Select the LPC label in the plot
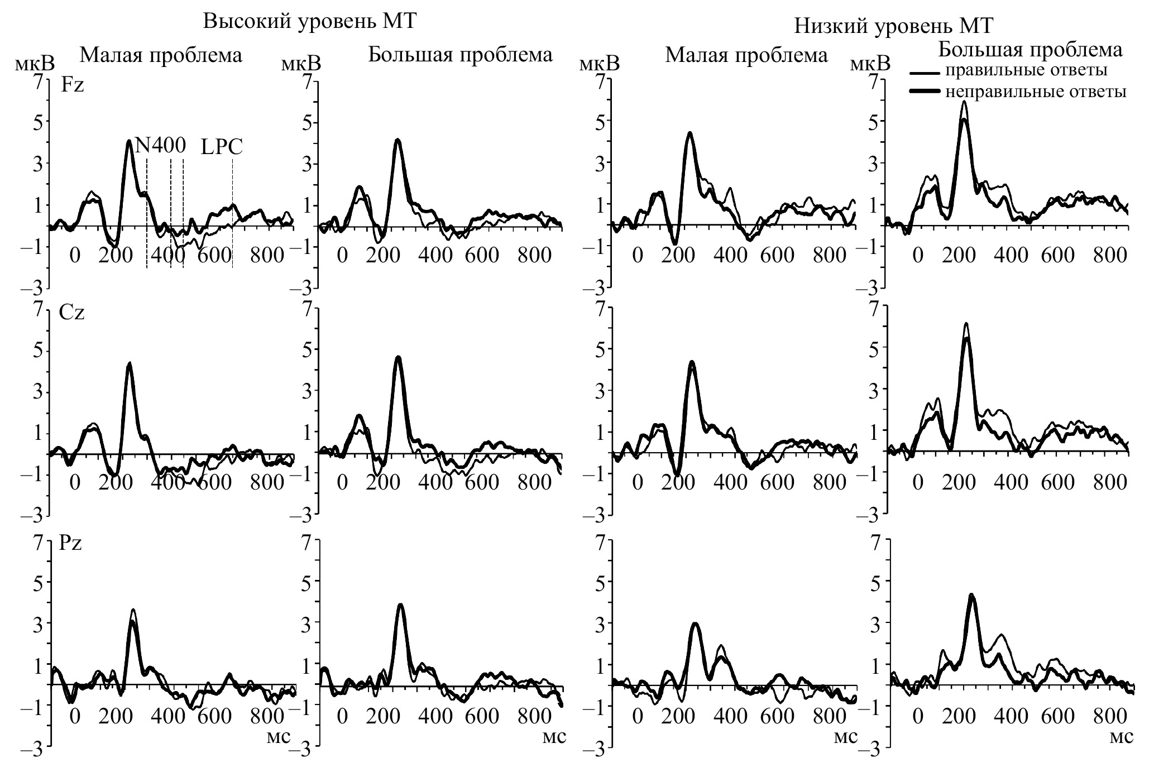pos(222,147)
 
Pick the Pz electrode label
pos(71,543)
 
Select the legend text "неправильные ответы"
pos(1036,92)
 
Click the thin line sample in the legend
pos(927,73)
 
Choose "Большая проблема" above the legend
pos(1030,50)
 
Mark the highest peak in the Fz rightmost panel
pos(964,102)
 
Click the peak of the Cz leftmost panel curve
pos(130,363)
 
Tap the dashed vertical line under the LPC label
pos(232,212)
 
